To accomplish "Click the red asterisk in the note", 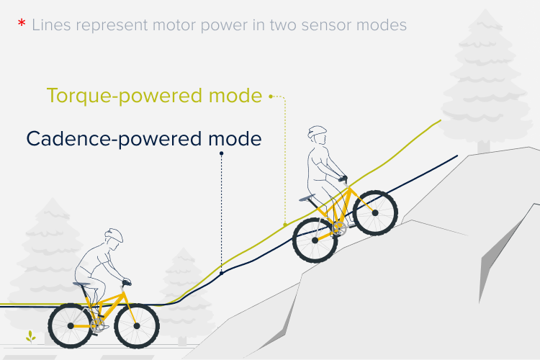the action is click(x=22, y=23).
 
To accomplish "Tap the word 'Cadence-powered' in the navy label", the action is click(x=114, y=139).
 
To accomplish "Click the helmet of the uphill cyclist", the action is click(x=317, y=132).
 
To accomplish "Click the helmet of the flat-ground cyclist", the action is click(x=114, y=235).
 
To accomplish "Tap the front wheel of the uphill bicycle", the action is click(x=375, y=213).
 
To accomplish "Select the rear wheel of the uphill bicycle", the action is click(x=315, y=240).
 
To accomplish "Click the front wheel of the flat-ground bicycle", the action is click(x=137, y=326).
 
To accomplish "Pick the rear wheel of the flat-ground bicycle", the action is click(x=71, y=326).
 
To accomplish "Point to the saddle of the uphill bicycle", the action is click(x=307, y=198).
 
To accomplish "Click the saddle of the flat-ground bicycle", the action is click(x=81, y=284).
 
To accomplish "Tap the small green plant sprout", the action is click(x=31, y=336).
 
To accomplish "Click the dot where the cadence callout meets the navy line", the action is click(x=222, y=273).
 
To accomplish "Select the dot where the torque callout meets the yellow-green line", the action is click(x=285, y=225).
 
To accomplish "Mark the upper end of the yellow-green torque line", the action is click(x=441, y=120).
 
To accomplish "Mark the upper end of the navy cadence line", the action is click(x=457, y=156).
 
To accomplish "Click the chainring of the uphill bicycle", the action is click(x=339, y=229).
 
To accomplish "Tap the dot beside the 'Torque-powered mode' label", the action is click(x=271, y=96).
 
